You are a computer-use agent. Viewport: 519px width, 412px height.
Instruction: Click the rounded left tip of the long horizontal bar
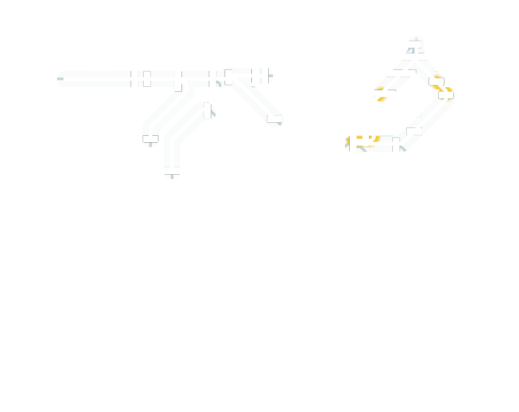[x=61, y=79]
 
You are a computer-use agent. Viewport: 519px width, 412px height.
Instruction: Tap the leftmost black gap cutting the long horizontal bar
[x=134, y=79]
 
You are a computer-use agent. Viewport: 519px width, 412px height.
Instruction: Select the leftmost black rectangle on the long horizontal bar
[x=147, y=79]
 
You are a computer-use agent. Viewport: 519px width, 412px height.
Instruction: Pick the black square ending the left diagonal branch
[x=151, y=139]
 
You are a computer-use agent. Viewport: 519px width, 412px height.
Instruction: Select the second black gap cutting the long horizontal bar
[x=213, y=79]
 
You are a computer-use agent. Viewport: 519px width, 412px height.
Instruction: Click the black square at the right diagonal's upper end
[x=228, y=77]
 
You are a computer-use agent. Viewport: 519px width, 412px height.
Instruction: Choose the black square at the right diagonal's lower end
[x=275, y=119]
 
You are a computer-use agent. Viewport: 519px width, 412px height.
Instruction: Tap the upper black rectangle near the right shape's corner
[x=436, y=82]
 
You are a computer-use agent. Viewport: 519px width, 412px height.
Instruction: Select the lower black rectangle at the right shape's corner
[x=446, y=95]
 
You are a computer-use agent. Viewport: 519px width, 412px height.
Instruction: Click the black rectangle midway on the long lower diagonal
[x=414, y=131]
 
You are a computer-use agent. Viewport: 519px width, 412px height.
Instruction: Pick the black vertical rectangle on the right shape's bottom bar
[x=396, y=144]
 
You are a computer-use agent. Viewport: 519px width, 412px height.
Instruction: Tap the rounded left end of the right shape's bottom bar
[x=349, y=143]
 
